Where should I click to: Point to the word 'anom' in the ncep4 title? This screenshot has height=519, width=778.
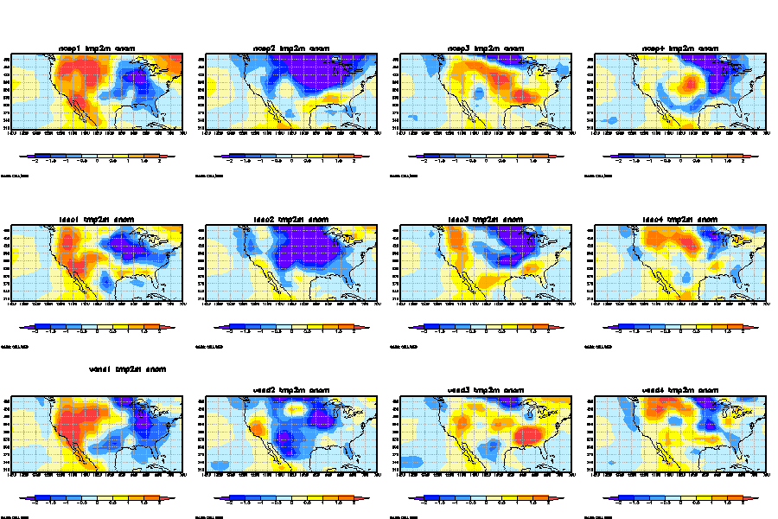pos(706,48)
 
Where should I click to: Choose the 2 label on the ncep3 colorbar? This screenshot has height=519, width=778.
pos(548,161)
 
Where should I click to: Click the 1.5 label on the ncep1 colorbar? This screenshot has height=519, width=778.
pos(144,161)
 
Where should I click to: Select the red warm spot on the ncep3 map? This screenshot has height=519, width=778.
pos(520,93)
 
